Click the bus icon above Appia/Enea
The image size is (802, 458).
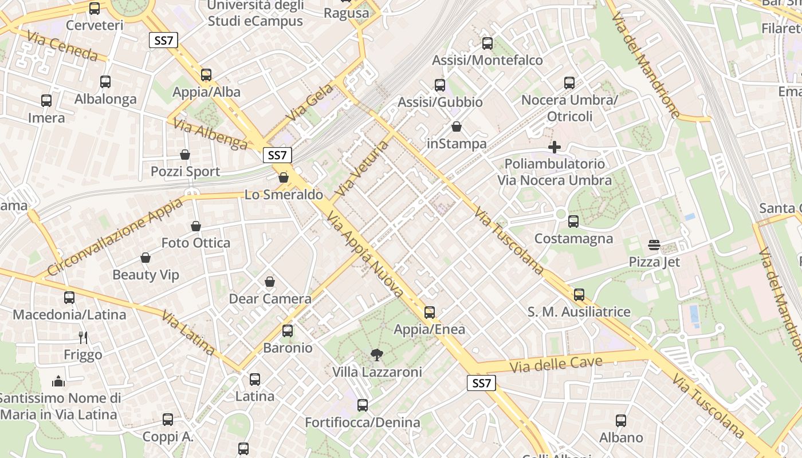(x=430, y=313)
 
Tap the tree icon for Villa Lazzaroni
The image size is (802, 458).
(x=376, y=355)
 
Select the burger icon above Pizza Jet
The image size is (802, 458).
(x=654, y=245)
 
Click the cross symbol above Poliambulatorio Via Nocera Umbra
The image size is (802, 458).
(x=554, y=147)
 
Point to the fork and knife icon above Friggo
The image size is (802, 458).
(x=84, y=338)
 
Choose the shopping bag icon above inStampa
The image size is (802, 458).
(x=457, y=127)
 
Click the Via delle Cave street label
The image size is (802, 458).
(x=556, y=364)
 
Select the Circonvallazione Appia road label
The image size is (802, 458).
(x=115, y=236)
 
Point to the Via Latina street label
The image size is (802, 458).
(x=188, y=333)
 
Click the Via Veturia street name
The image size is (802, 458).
(x=362, y=169)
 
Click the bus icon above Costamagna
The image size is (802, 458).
(x=573, y=222)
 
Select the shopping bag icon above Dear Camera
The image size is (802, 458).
(x=270, y=282)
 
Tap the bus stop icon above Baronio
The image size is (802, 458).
(x=288, y=331)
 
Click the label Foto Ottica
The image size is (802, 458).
(x=196, y=243)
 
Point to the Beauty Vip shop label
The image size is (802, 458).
(x=146, y=275)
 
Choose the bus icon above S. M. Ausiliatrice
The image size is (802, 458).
(x=579, y=295)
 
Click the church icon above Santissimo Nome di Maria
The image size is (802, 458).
(x=58, y=381)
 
